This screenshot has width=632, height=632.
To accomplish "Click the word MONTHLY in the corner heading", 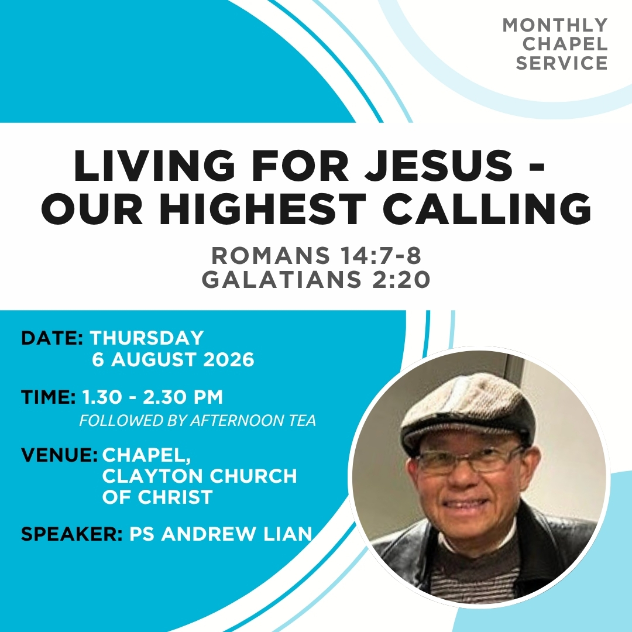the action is coord(555,25).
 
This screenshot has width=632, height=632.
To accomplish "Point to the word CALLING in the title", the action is coord(487,209).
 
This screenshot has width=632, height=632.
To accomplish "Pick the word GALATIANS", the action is coord(281,279).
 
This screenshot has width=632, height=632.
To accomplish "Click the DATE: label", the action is coord(52,338).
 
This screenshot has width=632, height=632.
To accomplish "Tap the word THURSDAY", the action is coord(147,338).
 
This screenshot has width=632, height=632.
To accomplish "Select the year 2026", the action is coord(229,359).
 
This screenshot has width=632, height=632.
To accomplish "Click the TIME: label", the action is coord(49,397).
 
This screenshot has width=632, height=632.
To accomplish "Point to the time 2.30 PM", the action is coord(183,397).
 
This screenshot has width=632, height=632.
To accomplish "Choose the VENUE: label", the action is coord(59,455).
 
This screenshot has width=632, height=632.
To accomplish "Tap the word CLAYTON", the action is coord(153,476).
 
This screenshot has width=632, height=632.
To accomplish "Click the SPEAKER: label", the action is coord(72,534).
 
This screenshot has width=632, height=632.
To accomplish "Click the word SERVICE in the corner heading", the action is coord(562,63).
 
